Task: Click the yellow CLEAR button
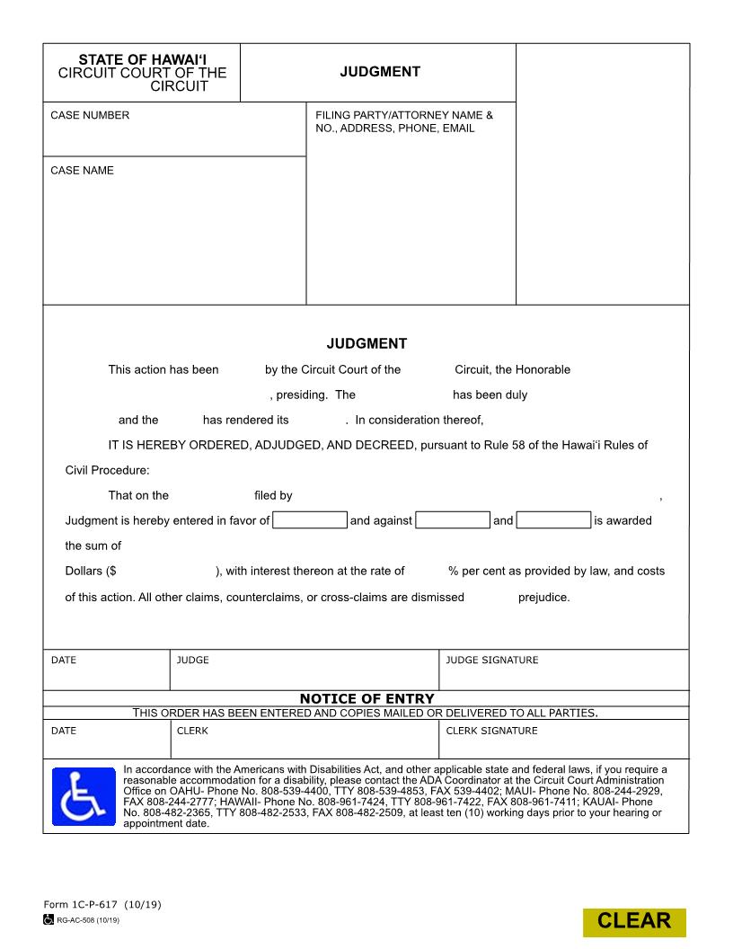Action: [634, 921]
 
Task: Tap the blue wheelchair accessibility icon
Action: [84, 796]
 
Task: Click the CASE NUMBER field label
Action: [90, 115]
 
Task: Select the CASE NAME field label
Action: [82, 170]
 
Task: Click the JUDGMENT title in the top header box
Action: [379, 72]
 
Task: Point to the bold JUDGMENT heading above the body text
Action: [366, 343]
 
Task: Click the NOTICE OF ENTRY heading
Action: [366, 698]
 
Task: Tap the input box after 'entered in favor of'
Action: [310, 520]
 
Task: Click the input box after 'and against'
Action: [454, 520]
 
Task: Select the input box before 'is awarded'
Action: [554, 520]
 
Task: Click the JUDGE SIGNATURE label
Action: [492, 660]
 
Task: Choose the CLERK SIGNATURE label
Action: [492, 731]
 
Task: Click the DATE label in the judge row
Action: [64, 660]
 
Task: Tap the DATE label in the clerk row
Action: [64, 731]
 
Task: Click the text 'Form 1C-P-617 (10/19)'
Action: [102, 904]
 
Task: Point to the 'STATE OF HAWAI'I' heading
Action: [142, 59]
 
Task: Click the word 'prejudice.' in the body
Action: [543, 597]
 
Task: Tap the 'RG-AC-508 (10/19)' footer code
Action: [87, 920]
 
